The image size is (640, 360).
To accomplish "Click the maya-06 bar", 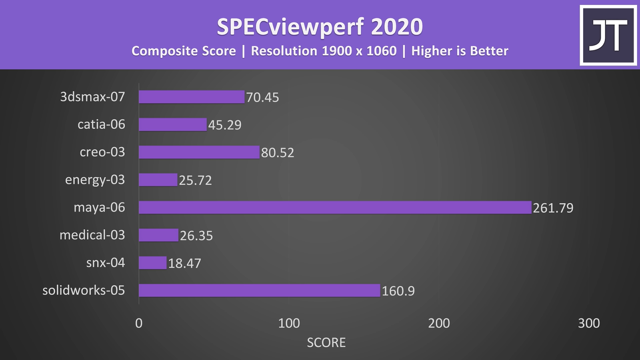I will (x=335, y=207).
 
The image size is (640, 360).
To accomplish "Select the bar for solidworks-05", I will (x=259, y=290).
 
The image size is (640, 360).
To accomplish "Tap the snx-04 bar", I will (x=152, y=263).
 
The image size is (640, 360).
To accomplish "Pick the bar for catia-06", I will (x=172, y=124).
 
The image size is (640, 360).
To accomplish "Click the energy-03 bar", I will (x=158, y=180).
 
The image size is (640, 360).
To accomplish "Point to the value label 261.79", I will (x=553, y=208).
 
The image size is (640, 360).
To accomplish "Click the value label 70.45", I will (x=262, y=97).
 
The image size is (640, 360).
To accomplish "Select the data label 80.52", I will (x=278, y=152).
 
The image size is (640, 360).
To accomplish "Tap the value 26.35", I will (x=196, y=236).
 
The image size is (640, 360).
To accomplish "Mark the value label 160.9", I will (x=398, y=291).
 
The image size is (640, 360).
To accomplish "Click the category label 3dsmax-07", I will (x=92, y=97).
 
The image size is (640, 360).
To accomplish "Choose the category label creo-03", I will (x=102, y=152).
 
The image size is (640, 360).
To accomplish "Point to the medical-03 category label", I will (x=92, y=235).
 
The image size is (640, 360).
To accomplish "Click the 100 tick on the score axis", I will (x=289, y=323).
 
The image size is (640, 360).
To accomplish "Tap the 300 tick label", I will (x=589, y=323).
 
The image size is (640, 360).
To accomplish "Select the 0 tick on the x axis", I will (x=139, y=323).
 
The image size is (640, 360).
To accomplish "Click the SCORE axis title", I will (x=326, y=342).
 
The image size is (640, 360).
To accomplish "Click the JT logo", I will (x=608, y=35).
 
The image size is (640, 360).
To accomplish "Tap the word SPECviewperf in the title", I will (x=290, y=27).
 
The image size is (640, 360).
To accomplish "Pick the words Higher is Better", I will (x=460, y=51).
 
